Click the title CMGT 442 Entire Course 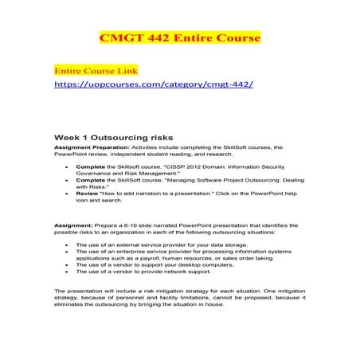[x=179, y=38]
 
